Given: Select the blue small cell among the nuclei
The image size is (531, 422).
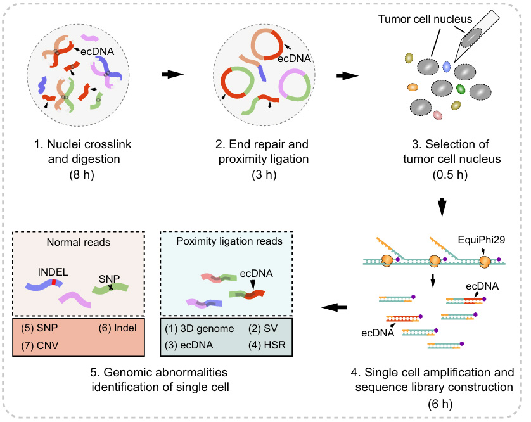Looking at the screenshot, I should (446, 66).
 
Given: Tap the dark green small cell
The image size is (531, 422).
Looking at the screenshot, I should (461, 89).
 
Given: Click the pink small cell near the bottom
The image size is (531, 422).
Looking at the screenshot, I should (437, 115).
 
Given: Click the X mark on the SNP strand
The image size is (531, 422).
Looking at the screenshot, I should (110, 288).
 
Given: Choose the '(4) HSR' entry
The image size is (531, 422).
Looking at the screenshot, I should (274, 347).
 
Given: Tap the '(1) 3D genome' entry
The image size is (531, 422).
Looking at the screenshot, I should (199, 328).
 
